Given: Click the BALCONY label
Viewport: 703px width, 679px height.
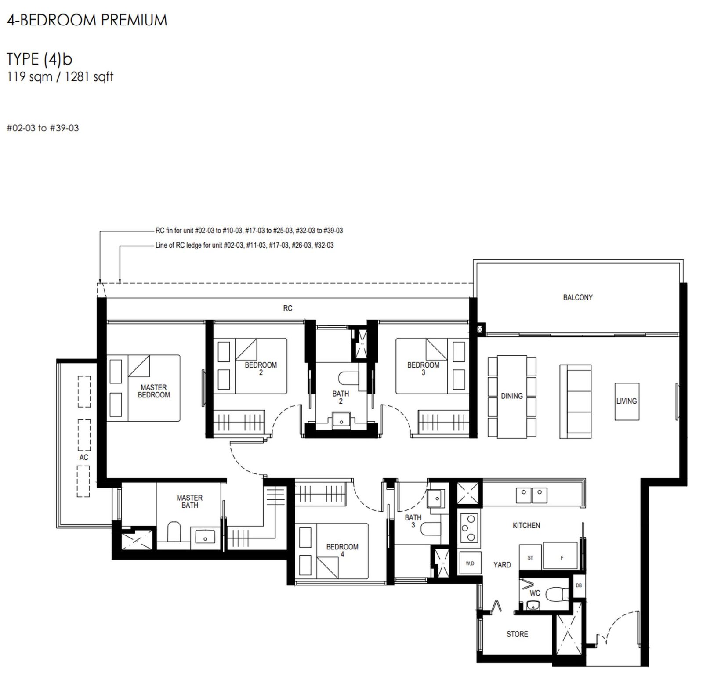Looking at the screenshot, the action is (578, 297).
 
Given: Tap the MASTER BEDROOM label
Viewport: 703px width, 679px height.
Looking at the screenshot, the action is (154, 391).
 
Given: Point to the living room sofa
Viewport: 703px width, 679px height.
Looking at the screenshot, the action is (575, 401).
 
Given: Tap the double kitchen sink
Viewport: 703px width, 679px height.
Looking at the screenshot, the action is (532, 495).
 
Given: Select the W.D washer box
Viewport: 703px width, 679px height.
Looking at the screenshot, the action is (470, 563).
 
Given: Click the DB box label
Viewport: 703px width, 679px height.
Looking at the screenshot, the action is (579, 585).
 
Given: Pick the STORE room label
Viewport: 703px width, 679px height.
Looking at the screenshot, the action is (517, 634).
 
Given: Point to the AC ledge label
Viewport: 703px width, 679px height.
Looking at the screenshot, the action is (84, 457).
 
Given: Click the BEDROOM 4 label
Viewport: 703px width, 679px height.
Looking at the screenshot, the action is (342, 550).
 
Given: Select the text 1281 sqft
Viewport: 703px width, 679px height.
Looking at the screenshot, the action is (89, 77).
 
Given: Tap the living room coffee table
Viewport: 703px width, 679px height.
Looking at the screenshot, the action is (627, 401).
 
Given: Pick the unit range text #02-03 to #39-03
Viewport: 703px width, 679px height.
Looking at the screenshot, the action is (43, 128).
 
